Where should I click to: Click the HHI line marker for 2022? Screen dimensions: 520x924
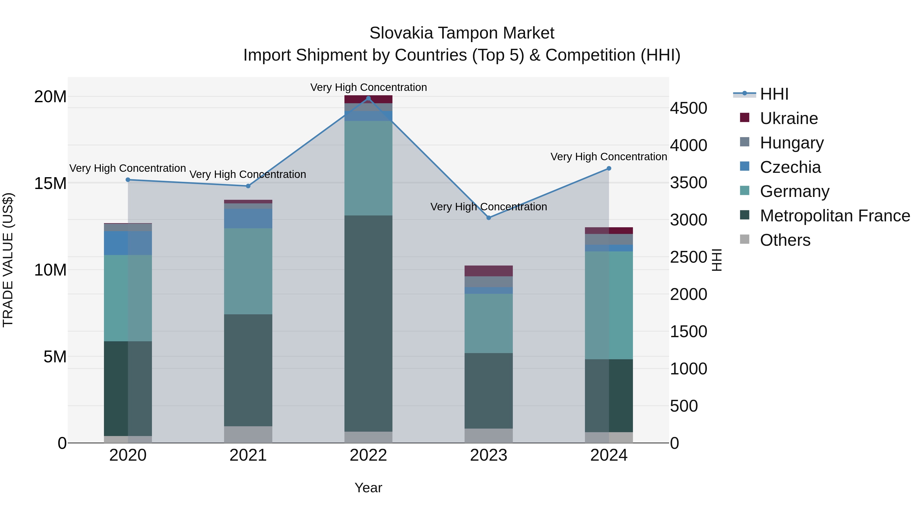368,98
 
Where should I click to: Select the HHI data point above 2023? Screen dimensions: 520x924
488,218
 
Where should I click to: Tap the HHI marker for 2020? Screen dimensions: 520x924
128,180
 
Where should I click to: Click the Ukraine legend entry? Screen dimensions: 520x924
788,118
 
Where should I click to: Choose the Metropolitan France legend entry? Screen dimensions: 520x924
834,216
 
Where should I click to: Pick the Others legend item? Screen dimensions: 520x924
785,240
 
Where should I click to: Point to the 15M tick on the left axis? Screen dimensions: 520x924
50,183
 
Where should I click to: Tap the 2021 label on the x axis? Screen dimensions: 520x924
248,455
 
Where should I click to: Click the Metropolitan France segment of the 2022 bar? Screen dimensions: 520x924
368,323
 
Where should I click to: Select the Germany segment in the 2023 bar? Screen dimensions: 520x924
488,323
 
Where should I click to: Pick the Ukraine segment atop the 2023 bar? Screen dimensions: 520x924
488,271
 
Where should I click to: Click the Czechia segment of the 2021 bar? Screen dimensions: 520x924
248,218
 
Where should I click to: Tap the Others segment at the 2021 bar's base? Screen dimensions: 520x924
248,434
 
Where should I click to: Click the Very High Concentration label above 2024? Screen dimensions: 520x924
609,157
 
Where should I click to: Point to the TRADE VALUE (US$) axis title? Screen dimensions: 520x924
8,260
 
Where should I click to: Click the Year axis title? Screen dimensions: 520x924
368,488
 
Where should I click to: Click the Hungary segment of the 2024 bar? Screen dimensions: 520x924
609,239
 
